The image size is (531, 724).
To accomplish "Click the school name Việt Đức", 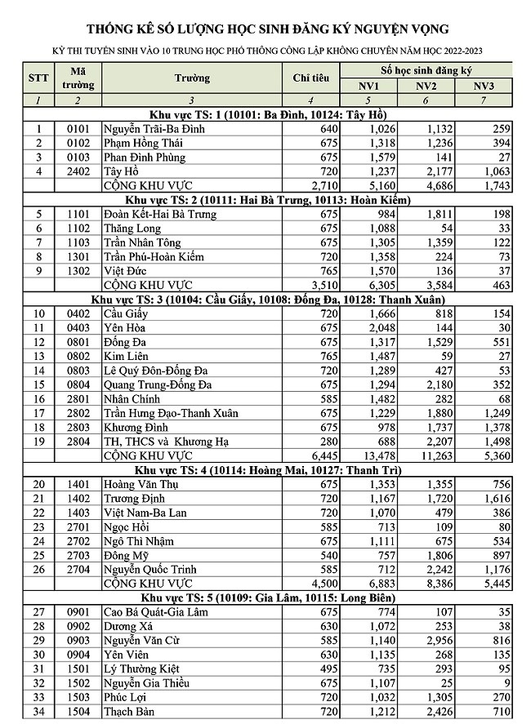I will (127, 271).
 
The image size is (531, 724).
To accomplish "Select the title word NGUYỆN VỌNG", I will (401, 29).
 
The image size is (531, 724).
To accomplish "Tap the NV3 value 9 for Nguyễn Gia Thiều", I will (508, 685).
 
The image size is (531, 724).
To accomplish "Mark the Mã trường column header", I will (77, 78).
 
